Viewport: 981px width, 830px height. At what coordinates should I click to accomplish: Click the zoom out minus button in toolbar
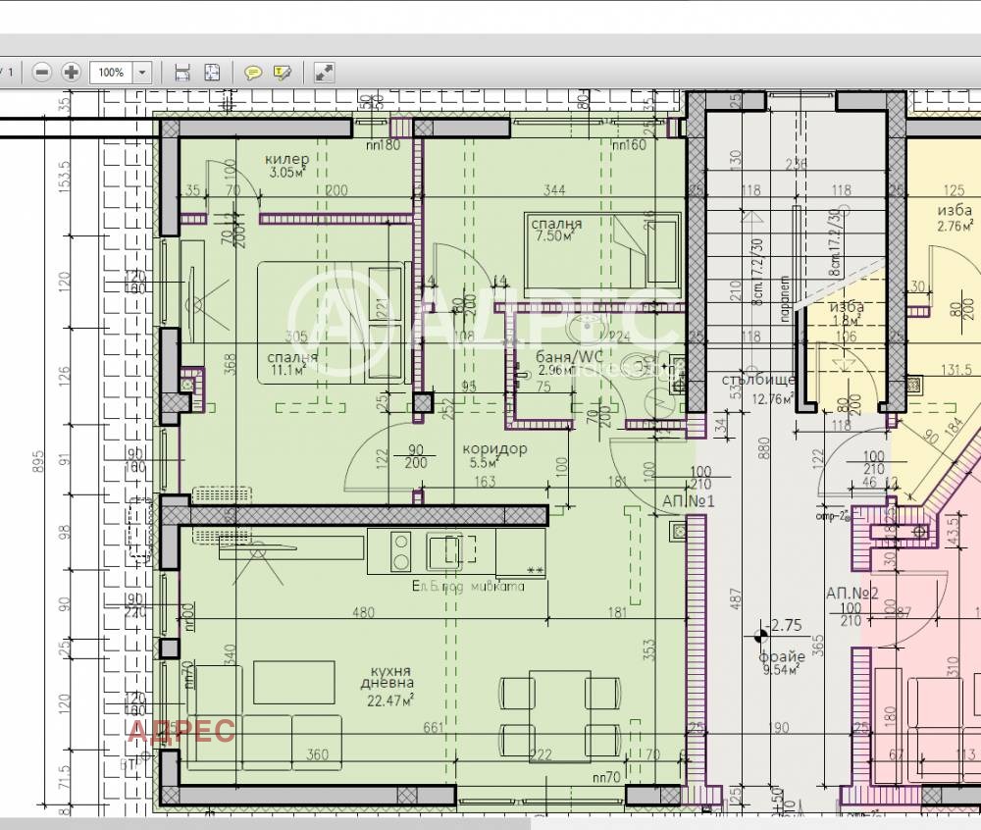[x=41, y=72]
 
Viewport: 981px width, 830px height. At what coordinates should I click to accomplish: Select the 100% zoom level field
[x=111, y=72]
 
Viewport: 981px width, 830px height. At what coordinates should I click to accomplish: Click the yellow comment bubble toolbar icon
[x=252, y=72]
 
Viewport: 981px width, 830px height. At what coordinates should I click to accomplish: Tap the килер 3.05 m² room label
[x=287, y=166]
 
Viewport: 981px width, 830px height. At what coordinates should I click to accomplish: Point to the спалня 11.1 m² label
[x=291, y=363]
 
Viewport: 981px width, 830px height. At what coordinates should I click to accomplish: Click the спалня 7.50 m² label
[x=556, y=230]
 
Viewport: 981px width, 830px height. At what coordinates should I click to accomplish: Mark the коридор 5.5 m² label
[x=494, y=454]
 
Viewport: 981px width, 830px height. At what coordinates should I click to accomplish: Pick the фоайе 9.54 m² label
[x=781, y=663]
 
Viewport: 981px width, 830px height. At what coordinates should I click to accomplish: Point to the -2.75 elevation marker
[x=784, y=625]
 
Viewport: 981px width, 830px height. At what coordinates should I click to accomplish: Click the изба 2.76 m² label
[x=955, y=218]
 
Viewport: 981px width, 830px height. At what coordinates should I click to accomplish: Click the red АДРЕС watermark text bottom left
[x=182, y=731]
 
